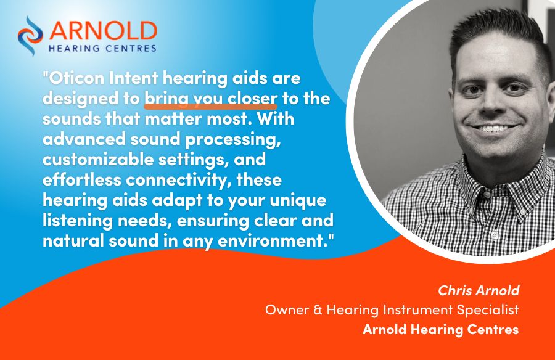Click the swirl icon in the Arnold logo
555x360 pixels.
pos(30,35)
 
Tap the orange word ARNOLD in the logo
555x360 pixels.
pos(103,31)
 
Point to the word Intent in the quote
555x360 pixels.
pos(133,78)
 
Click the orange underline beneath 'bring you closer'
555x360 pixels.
pos(211,105)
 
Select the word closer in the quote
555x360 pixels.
pos(252,99)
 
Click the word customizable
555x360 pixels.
pos(98,160)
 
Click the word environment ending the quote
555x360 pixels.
pos(272,242)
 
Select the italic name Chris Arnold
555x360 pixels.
pos(479,290)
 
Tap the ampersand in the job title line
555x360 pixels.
pos(318,310)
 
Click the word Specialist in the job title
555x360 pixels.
pos(487,310)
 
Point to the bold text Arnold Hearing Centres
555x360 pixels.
pos(441,330)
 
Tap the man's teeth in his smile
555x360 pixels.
pos(493,128)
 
